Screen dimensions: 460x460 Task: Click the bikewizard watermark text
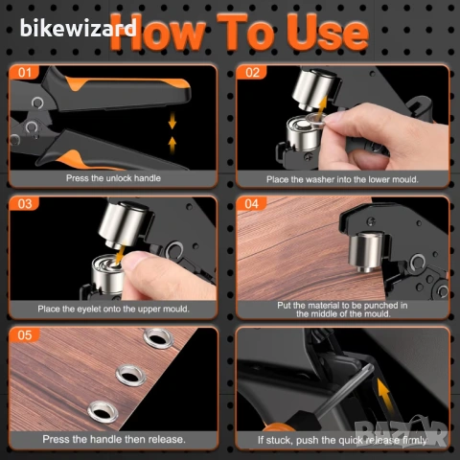tap(79, 28)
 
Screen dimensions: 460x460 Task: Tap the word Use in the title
tap(329, 33)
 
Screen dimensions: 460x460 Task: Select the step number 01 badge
tap(25, 73)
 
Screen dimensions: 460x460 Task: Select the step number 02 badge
tap(252, 73)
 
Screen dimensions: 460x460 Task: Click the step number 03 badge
tap(25, 204)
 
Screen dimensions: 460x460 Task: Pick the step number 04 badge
tap(252, 204)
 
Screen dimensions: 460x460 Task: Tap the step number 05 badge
tap(25, 334)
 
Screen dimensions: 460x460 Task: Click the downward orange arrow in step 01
tap(172, 121)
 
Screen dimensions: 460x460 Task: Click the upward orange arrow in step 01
tap(172, 145)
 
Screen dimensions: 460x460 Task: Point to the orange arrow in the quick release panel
tap(384, 395)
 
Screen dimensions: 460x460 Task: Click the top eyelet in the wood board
tap(158, 338)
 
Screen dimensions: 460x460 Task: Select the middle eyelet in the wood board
tap(131, 375)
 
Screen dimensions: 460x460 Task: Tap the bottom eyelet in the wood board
tap(103, 412)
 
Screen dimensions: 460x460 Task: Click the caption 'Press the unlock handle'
tap(113, 178)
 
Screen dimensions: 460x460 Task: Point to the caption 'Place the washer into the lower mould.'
tap(342, 179)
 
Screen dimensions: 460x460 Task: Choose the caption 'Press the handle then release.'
tap(114, 439)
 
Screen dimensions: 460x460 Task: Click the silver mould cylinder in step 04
tap(365, 252)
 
